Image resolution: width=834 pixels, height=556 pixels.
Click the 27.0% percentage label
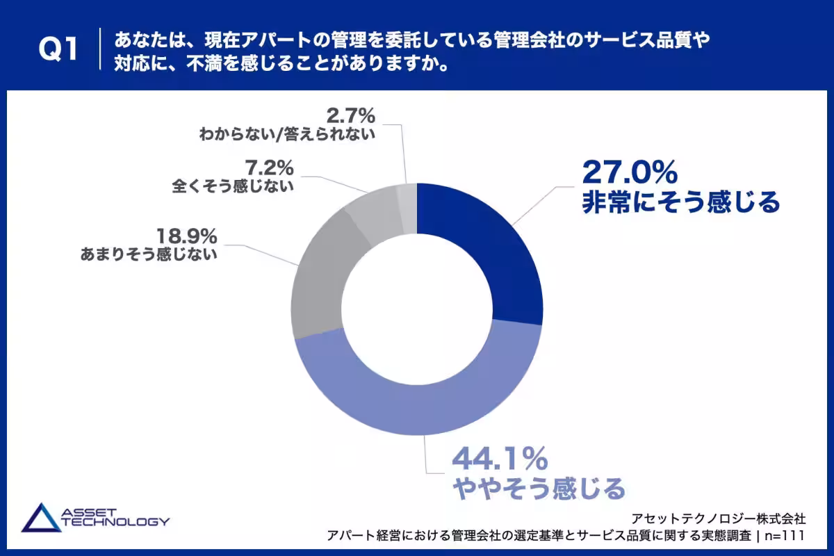630,172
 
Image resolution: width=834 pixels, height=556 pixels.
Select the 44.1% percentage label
500,459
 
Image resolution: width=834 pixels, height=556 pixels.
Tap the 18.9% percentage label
187,236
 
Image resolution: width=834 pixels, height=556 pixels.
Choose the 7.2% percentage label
269,167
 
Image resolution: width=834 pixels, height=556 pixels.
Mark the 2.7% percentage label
351,115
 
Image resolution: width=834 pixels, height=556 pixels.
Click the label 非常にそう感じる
681,202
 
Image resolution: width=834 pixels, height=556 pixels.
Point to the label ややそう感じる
539,488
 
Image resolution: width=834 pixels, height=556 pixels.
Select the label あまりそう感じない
149,254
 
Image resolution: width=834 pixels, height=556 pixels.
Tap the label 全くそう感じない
233,186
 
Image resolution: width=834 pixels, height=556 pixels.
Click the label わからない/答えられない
287,134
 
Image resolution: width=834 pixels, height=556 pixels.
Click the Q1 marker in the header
58,49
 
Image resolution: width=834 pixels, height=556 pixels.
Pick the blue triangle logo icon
41,518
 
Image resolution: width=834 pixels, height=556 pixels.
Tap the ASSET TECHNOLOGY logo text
115,517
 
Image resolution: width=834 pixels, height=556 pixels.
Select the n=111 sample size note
785,536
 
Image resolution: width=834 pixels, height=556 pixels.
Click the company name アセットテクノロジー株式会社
719,518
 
